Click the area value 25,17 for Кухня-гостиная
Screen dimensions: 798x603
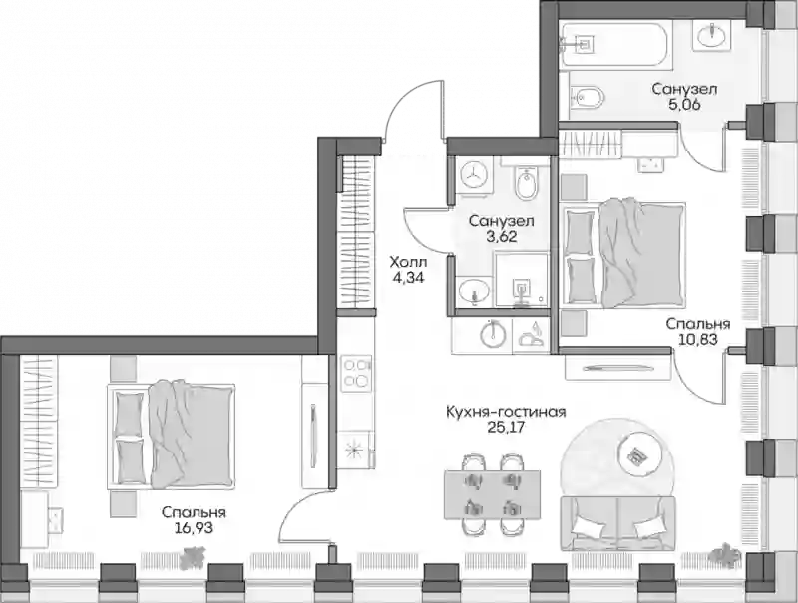[x=506, y=427]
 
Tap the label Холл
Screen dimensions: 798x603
[x=408, y=263]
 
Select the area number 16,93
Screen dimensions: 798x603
[x=194, y=528]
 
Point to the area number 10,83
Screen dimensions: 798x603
[x=698, y=339]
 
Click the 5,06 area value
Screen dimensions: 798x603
[x=684, y=105]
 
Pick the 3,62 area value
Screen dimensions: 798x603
[x=502, y=236]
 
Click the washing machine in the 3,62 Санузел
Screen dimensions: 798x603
[x=473, y=173]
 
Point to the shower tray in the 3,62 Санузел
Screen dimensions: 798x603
[x=521, y=280]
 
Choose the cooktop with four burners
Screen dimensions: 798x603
[x=356, y=373]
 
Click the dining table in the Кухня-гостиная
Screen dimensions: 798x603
[x=492, y=494]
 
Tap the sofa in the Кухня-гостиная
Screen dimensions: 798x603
[x=617, y=523]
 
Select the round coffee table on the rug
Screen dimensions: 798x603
[x=640, y=453]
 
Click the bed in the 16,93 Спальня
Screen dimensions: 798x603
[x=171, y=436]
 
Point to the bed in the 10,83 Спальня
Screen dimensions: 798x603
[x=622, y=253]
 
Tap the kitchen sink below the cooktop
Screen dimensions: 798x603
[x=355, y=449]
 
